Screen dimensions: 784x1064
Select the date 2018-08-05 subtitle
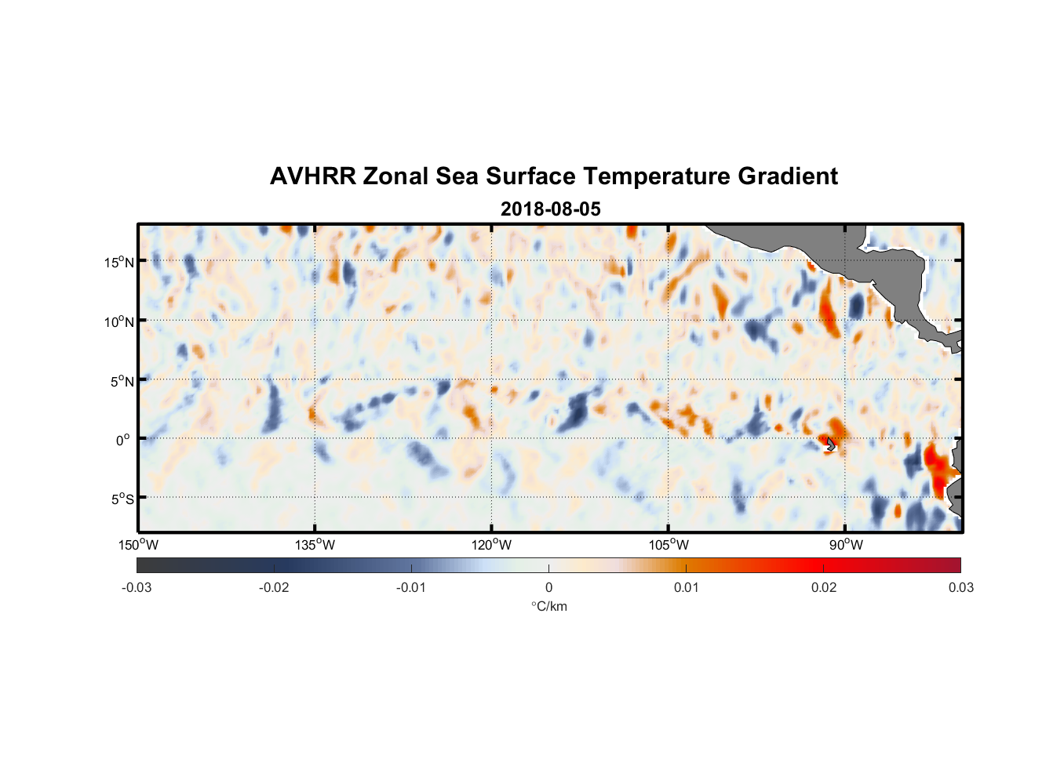(x=550, y=209)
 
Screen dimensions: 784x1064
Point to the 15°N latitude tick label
(x=118, y=262)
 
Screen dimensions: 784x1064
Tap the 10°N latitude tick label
(x=118, y=321)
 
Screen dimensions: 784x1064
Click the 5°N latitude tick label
(x=122, y=381)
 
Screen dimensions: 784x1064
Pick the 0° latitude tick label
(x=123, y=440)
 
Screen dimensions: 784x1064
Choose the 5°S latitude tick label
(x=122, y=499)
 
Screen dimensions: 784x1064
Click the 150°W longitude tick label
(x=138, y=545)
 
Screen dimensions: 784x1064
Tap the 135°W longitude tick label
(x=315, y=545)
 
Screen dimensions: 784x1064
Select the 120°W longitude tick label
(x=491, y=545)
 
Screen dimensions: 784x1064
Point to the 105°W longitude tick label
(x=669, y=545)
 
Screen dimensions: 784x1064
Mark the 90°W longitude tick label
(x=846, y=545)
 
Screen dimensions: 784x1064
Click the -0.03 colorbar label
(x=137, y=587)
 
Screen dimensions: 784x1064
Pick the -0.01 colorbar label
(x=411, y=587)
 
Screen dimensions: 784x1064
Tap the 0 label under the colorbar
(x=548, y=587)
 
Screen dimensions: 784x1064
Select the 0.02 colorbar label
(x=824, y=587)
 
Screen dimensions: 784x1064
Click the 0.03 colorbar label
(x=960, y=587)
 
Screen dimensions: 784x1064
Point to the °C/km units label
(x=549, y=606)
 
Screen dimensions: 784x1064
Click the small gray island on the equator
(x=831, y=445)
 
